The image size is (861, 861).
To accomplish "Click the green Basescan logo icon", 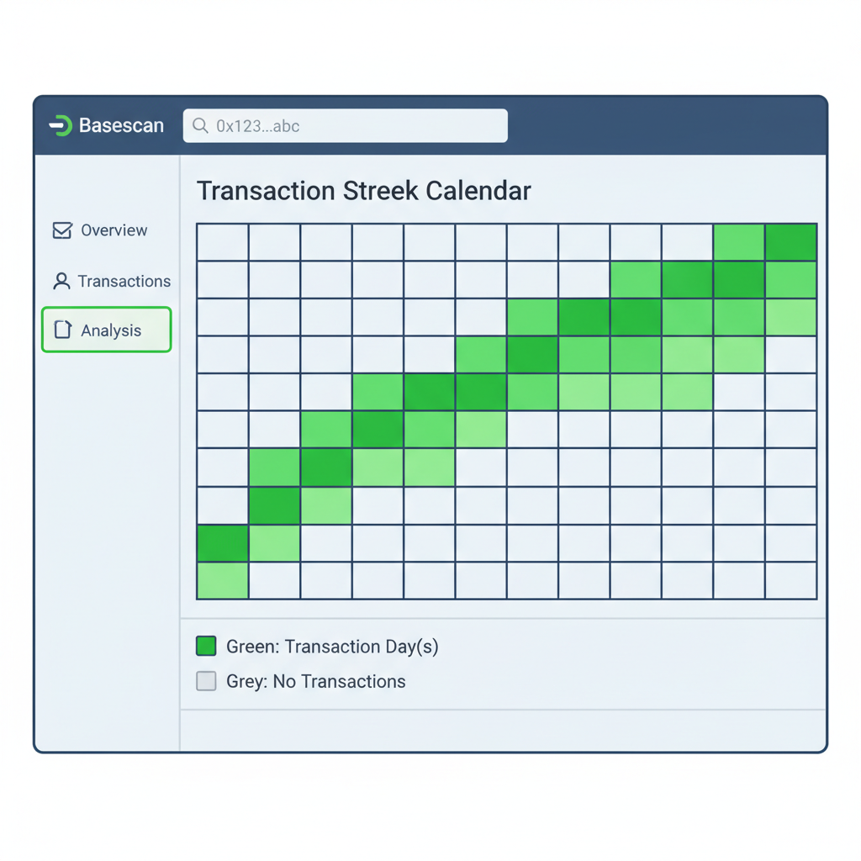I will (61, 126).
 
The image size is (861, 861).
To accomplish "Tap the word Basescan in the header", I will (121, 126).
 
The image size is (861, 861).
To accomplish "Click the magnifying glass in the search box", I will (200, 126).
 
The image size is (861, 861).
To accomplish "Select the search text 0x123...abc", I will (257, 126).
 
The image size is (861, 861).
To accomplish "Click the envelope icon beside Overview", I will (62, 230).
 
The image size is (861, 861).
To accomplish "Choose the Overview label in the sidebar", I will (114, 230).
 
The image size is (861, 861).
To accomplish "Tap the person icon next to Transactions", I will (61, 281).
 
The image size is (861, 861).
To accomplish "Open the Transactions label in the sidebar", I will (124, 281).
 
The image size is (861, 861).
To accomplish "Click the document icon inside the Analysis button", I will (63, 330).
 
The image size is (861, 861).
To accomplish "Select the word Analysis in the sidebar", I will (111, 330).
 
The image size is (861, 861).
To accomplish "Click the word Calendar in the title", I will (478, 191).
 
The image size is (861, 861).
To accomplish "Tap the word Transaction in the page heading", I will (266, 191).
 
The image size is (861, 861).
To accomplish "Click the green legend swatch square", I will (206, 646).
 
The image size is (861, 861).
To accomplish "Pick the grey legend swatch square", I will (206, 681).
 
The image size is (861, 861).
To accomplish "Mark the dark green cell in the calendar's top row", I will (790, 242).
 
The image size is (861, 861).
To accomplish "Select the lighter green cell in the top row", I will (738, 242).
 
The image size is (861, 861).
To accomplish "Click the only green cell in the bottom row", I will (223, 580).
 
